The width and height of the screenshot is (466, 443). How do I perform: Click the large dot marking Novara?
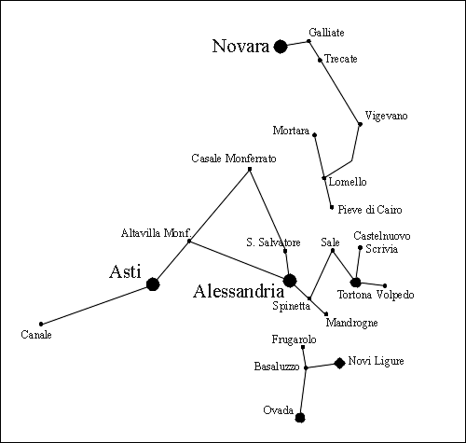281,47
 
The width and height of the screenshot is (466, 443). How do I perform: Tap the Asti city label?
125,271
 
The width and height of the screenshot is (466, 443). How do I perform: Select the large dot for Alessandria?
290,281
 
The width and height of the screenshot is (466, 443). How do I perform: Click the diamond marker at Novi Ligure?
339,363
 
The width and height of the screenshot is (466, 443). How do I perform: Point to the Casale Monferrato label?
234,159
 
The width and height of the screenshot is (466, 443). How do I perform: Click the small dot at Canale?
41,324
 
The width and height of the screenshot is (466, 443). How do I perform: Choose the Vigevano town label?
386,116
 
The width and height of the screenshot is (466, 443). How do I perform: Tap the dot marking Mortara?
314,134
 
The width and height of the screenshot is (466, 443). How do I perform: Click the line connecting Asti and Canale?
97,304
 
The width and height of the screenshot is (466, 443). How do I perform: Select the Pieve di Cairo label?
370,210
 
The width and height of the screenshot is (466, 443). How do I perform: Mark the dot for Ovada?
300,418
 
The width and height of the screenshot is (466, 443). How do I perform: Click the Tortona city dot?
355,283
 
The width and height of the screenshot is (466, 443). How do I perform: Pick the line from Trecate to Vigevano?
340,92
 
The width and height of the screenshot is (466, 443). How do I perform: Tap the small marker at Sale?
333,250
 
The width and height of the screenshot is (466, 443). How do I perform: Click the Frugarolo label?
294,339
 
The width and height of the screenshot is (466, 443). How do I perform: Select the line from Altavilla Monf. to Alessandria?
240,261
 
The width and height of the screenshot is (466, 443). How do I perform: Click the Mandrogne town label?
351,323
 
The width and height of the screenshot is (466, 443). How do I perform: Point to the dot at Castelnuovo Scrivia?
360,247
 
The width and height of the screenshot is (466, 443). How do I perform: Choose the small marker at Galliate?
308,41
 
